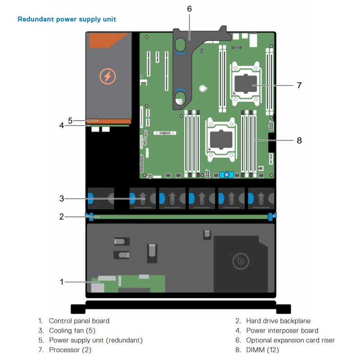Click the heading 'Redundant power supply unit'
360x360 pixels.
(67, 19)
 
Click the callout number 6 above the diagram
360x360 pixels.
(189, 9)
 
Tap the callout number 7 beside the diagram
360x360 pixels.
(299, 85)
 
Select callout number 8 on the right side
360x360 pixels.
(299, 140)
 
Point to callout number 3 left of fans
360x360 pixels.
(62, 198)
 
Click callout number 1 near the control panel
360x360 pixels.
(62, 282)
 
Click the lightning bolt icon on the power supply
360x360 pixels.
(107, 76)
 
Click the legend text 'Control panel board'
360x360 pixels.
(79, 321)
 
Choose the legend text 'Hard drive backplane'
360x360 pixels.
(278, 321)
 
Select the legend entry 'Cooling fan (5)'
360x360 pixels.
(72, 331)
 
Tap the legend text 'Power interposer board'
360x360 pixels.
(282, 331)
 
